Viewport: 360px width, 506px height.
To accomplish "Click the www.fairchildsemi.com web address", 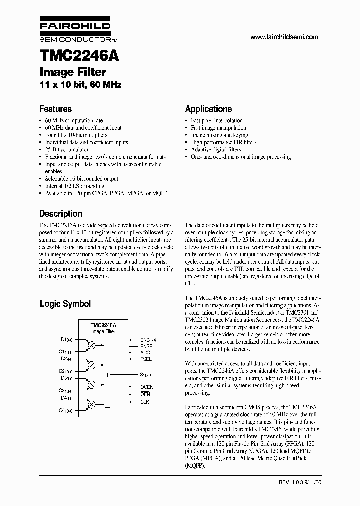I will coord(284,37).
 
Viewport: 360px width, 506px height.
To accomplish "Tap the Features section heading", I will coord(55,109).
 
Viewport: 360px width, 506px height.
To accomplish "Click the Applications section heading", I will coord(208,109).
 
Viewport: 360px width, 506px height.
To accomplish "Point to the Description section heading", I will coord(61,213).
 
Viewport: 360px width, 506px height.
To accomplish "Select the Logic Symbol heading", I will coord(65,303).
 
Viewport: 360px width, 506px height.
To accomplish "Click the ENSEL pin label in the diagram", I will coord(148,346).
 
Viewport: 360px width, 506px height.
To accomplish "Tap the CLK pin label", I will coord(145,402).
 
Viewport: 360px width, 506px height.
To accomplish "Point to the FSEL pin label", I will coord(146,359).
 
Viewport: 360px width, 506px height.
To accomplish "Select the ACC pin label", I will coord(145,353).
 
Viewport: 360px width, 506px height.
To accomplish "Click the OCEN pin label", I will coord(147,387).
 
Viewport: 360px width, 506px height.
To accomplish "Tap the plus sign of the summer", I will coord(107,374).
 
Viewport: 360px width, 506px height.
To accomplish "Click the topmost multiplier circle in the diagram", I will coord(91,345).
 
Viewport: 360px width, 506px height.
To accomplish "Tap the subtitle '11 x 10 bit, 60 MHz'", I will coord(80,85).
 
